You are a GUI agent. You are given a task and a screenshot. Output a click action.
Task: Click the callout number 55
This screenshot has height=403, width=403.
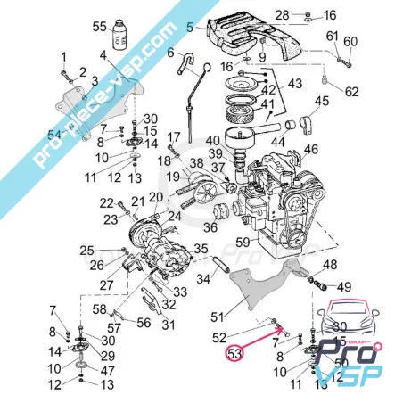click(x=99, y=28)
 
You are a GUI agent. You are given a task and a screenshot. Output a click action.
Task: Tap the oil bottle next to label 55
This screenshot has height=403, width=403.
click(x=120, y=35)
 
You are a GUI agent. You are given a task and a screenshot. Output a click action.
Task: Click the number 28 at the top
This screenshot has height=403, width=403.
click(x=282, y=15)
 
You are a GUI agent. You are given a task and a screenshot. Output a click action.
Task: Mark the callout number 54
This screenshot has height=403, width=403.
click(x=53, y=133)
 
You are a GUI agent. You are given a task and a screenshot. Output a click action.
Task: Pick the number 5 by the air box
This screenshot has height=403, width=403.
click(x=190, y=28)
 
